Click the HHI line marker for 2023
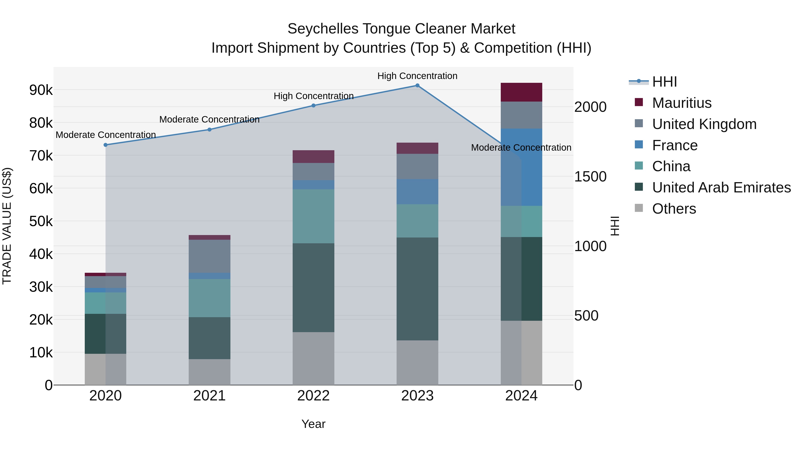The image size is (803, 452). [417, 85]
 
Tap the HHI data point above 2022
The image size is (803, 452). [313, 105]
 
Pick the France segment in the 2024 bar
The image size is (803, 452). [521, 167]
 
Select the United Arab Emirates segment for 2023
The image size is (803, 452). [417, 289]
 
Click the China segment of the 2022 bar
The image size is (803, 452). [313, 216]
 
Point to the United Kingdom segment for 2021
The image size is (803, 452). [209, 256]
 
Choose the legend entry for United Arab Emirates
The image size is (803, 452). [721, 187]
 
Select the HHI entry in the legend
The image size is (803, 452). [664, 82]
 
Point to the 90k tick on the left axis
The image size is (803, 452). [41, 90]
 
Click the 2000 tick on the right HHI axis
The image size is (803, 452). [590, 107]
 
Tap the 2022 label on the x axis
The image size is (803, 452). [313, 396]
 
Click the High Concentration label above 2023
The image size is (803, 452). [417, 76]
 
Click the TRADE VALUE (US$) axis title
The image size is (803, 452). [7, 226]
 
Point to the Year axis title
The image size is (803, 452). [313, 424]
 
